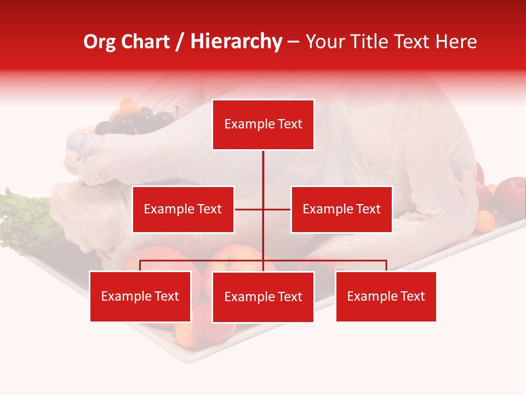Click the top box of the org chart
[x=263, y=125]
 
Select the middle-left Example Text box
[x=183, y=209]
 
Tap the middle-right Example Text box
[x=341, y=209]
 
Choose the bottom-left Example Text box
[x=140, y=296]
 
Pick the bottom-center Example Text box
[x=263, y=297]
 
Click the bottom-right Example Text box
[x=386, y=296]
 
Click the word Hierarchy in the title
[x=236, y=42]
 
